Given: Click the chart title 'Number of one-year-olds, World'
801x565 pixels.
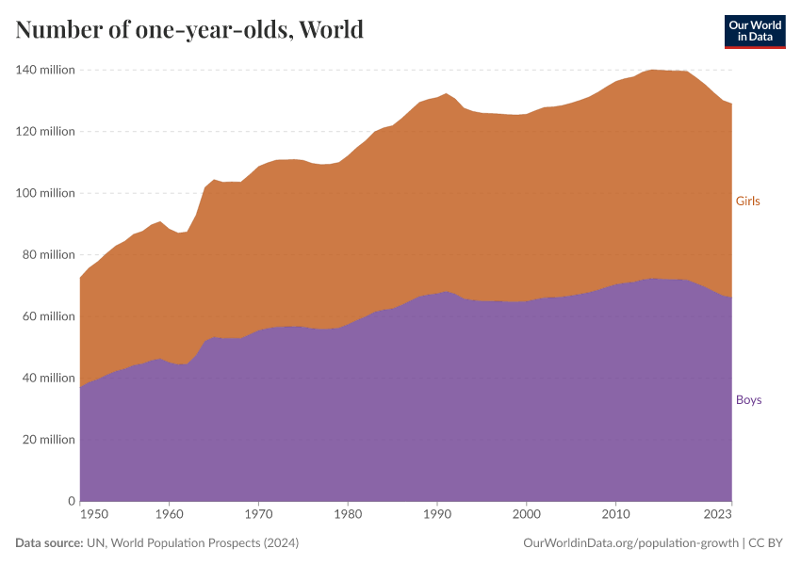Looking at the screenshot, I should [x=189, y=29].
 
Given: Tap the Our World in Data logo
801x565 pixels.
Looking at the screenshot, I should [x=754, y=31].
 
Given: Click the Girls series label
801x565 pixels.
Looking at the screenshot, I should [x=747, y=202].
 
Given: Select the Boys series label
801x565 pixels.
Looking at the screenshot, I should [x=748, y=400].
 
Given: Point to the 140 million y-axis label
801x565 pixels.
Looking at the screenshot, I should [x=44, y=70].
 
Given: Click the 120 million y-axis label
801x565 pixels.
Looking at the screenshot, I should [x=44, y=132].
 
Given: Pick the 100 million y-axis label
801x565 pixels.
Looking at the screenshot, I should [x=44, y=193].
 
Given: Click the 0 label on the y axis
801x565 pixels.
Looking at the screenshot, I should [x=71, y=501].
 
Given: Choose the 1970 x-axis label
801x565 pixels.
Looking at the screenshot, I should [x=258, y=514].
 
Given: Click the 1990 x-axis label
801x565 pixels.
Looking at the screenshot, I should [x=437, y=514].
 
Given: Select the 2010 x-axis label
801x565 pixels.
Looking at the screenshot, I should [x=615, y=514].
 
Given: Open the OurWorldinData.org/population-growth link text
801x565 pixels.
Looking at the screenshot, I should [x=629, y=543].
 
